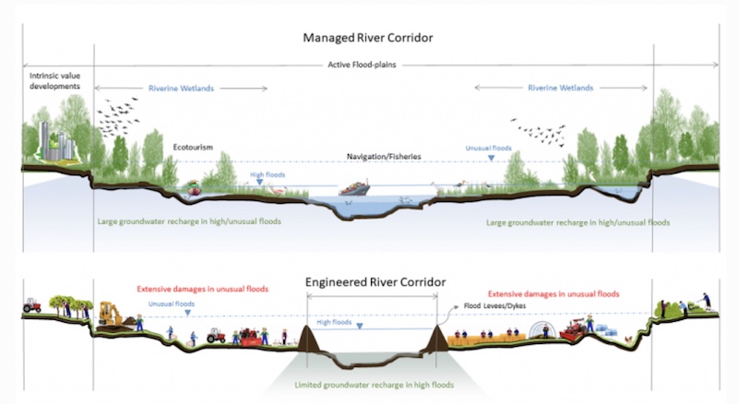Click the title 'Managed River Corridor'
coord(368,40)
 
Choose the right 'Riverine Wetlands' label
coord(560,89)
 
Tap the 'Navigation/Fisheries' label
coord(384,157)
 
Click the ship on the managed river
coord(355,188)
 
